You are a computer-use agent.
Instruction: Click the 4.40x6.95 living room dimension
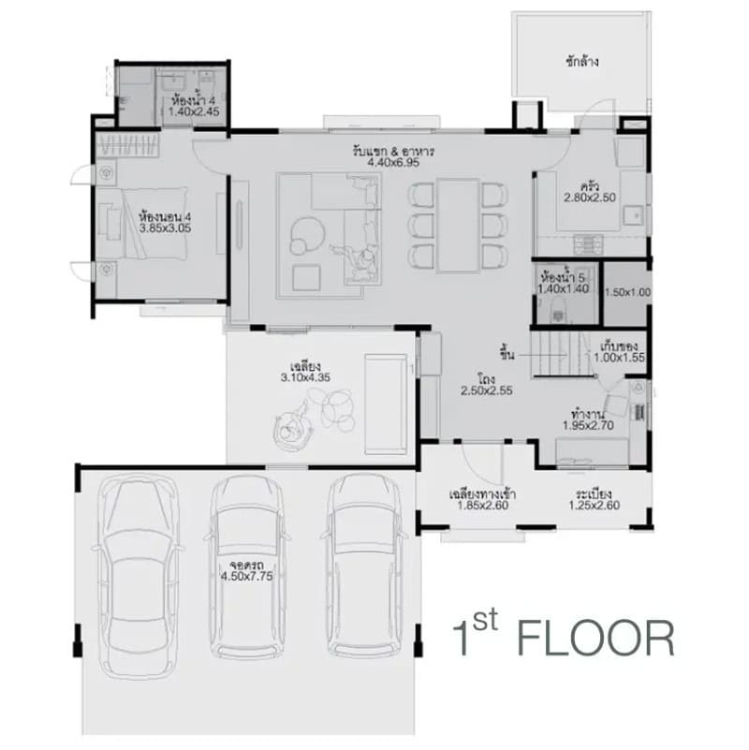pos(393,163)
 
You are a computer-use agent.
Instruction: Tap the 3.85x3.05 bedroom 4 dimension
pos(165,228)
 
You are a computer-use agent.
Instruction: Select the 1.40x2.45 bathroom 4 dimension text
pos(194,112)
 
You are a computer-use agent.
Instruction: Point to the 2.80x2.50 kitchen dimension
pos(590,198)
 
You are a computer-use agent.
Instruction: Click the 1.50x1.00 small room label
pos(627,292)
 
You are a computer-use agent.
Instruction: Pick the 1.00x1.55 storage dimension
pos(620,358)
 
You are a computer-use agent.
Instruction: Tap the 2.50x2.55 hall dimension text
pos(487,390)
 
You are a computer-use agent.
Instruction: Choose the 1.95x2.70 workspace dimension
pos(588,425)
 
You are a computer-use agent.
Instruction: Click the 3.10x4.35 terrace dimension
pos(305,377)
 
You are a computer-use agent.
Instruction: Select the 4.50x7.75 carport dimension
pos(247,577)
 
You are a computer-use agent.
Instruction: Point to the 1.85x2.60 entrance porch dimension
pos(482,506)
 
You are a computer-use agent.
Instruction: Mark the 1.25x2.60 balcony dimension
pos(594,505)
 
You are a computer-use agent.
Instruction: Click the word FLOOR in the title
pos(595,639)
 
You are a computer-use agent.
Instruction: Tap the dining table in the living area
pos(458,226)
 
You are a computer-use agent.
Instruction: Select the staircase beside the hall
pos(563,354)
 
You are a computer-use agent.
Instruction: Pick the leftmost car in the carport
pos(139,577)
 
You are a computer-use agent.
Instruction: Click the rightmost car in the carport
pos(364,566)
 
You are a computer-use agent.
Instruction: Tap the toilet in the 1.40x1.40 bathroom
pos(558,311)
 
